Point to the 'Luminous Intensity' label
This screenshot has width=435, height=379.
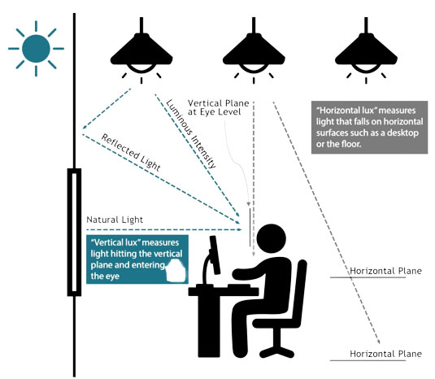pos(191,133)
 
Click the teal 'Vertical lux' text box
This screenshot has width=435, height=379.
pos(137,259)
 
